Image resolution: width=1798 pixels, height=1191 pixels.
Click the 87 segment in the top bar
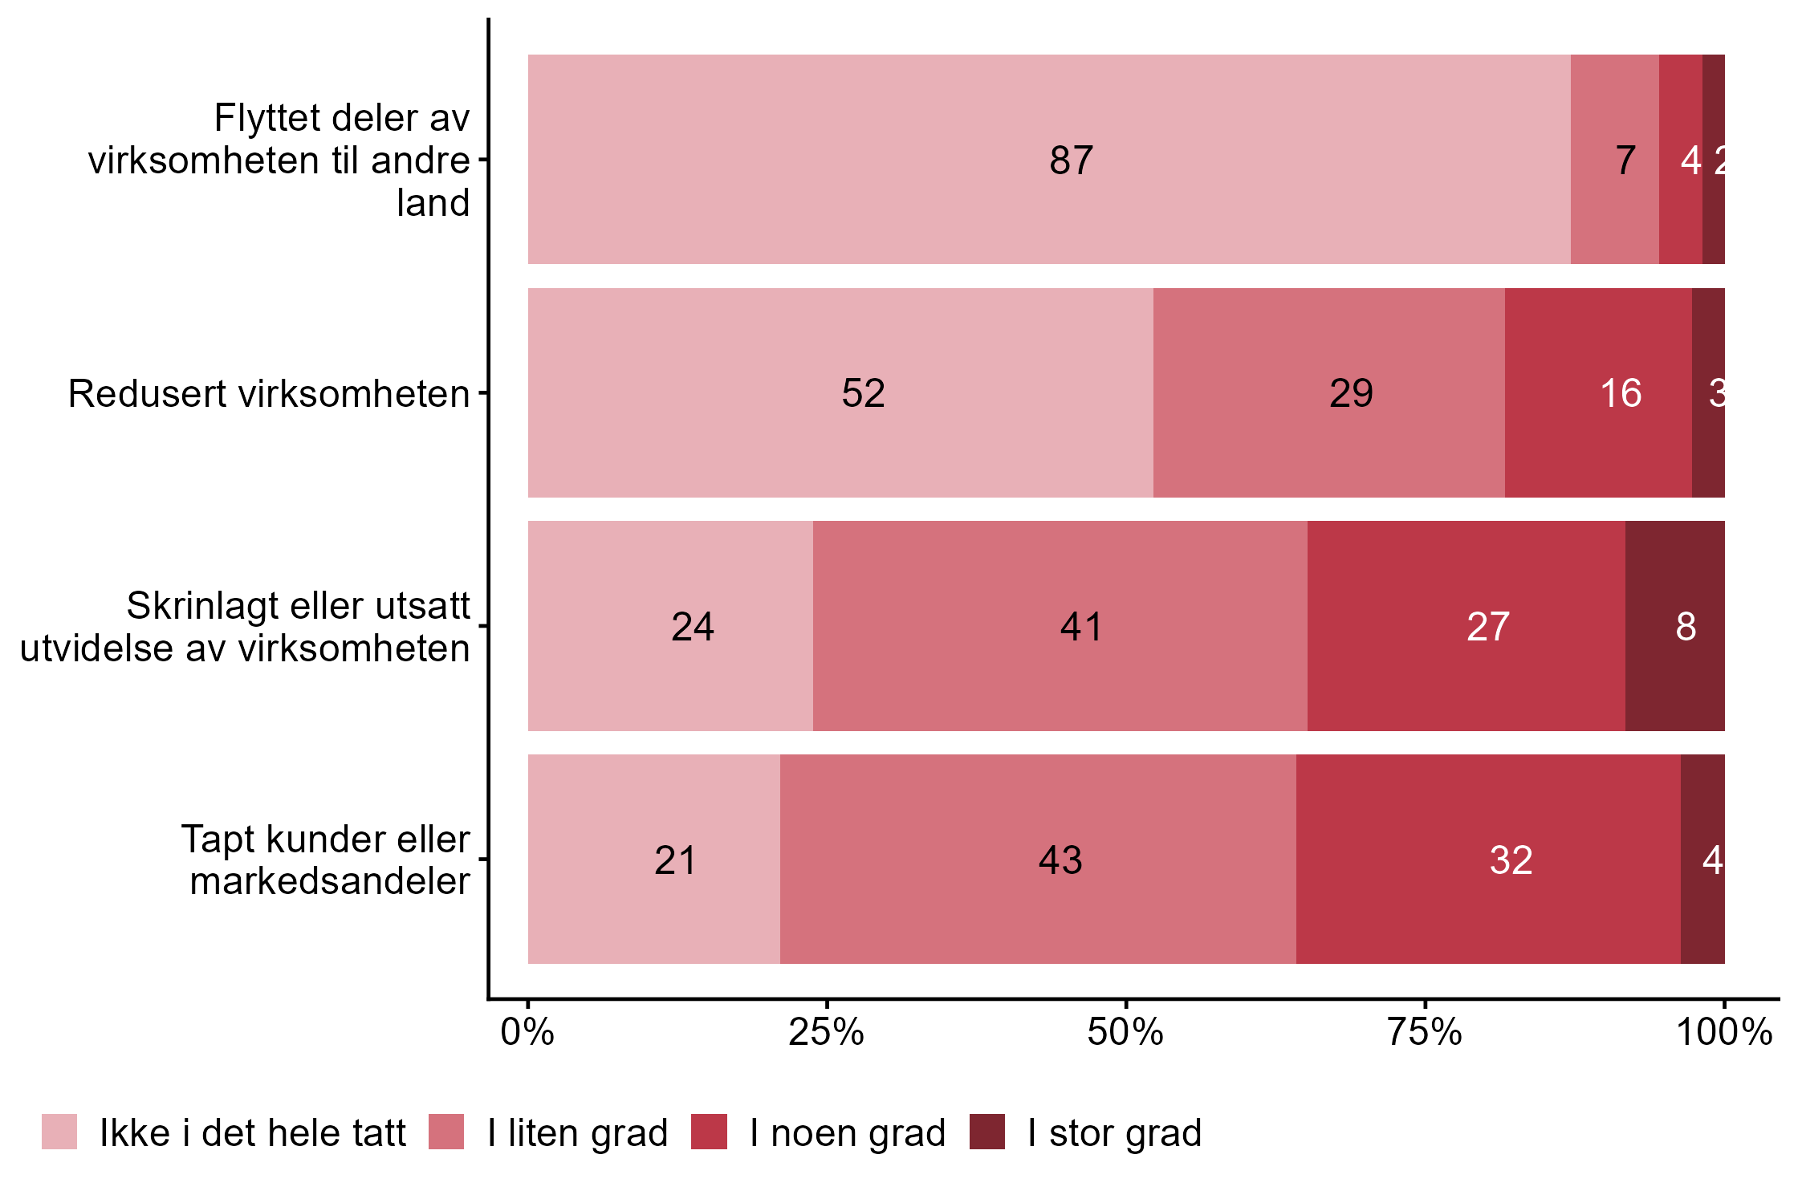pos(1049,160)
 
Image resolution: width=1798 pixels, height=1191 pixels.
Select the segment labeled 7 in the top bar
pos(1614,160)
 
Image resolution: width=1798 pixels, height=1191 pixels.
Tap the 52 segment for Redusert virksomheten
pos(840,393)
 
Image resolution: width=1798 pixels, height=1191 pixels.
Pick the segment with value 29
pos(1328,393)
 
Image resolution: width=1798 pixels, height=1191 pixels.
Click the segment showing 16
pos(1598,393)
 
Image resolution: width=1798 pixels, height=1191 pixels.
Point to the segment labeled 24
pos(670,626)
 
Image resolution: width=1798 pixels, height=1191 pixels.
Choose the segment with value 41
pos(1060,626)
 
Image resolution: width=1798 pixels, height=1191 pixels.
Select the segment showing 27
pos(1466,626)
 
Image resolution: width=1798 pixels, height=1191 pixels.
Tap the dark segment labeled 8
pos(1674,626)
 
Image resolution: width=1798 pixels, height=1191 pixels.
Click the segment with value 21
pos(653,860)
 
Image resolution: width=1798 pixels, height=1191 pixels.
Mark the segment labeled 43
pos(1037,860)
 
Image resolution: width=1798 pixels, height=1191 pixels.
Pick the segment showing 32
pos(1488,860)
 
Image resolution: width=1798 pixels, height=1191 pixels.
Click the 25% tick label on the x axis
pos(826,1033)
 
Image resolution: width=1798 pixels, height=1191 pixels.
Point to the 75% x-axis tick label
pos(1425,1033)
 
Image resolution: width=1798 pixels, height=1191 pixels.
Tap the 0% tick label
pos(527,1033)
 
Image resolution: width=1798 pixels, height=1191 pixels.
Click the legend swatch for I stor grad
pos(986,1132)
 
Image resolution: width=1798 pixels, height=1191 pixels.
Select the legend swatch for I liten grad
pos(446,1132)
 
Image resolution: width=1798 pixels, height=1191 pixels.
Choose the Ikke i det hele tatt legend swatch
pos(59,1132)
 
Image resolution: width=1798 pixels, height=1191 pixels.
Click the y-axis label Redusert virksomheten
pos(268,394)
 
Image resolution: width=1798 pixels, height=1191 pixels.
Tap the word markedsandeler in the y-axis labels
pos(329,881)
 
